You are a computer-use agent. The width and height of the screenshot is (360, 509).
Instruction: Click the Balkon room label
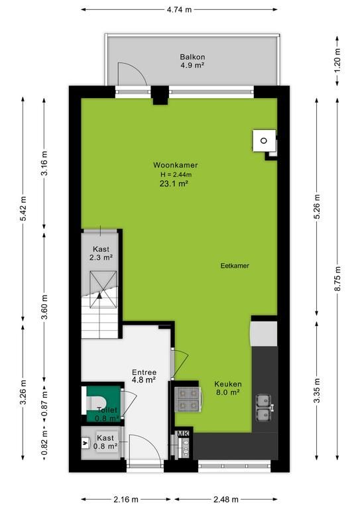click(x=192, y=57)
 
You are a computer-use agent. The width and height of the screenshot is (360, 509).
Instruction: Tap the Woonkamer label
click(x=175, y=165)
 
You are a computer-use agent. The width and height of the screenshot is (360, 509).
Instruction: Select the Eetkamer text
click(x=235, y=266)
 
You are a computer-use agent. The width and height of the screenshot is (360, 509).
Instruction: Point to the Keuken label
click(x=228, y=384)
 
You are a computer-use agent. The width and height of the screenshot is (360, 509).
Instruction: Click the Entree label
click(x=144, y=372)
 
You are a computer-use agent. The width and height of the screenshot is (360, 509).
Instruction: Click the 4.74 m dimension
click(x=179, y=10)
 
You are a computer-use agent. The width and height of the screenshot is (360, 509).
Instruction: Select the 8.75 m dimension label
click(x=337, y=278)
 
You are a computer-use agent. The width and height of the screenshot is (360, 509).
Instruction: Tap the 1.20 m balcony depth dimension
click(x=337, y=61)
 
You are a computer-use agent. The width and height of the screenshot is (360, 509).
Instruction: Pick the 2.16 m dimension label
click(x=126, y=499)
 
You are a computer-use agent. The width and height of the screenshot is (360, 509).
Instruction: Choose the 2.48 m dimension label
click(x=226, y=499)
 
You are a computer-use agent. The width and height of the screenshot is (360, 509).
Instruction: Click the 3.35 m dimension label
click(x=317, y=390)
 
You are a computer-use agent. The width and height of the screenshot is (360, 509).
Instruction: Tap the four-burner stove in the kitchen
click(x=188, y=399)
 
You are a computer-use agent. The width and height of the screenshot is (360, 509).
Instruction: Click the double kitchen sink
click(x=264, y=408)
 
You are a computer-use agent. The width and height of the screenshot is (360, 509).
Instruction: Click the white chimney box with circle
click(x=265, y=141)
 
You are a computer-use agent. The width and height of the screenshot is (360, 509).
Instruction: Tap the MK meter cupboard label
click(x=183, y=433)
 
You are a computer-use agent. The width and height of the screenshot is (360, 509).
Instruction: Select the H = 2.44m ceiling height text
click(x=176, y=175)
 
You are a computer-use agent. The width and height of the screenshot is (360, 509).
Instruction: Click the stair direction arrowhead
click(x=99, y=295)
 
